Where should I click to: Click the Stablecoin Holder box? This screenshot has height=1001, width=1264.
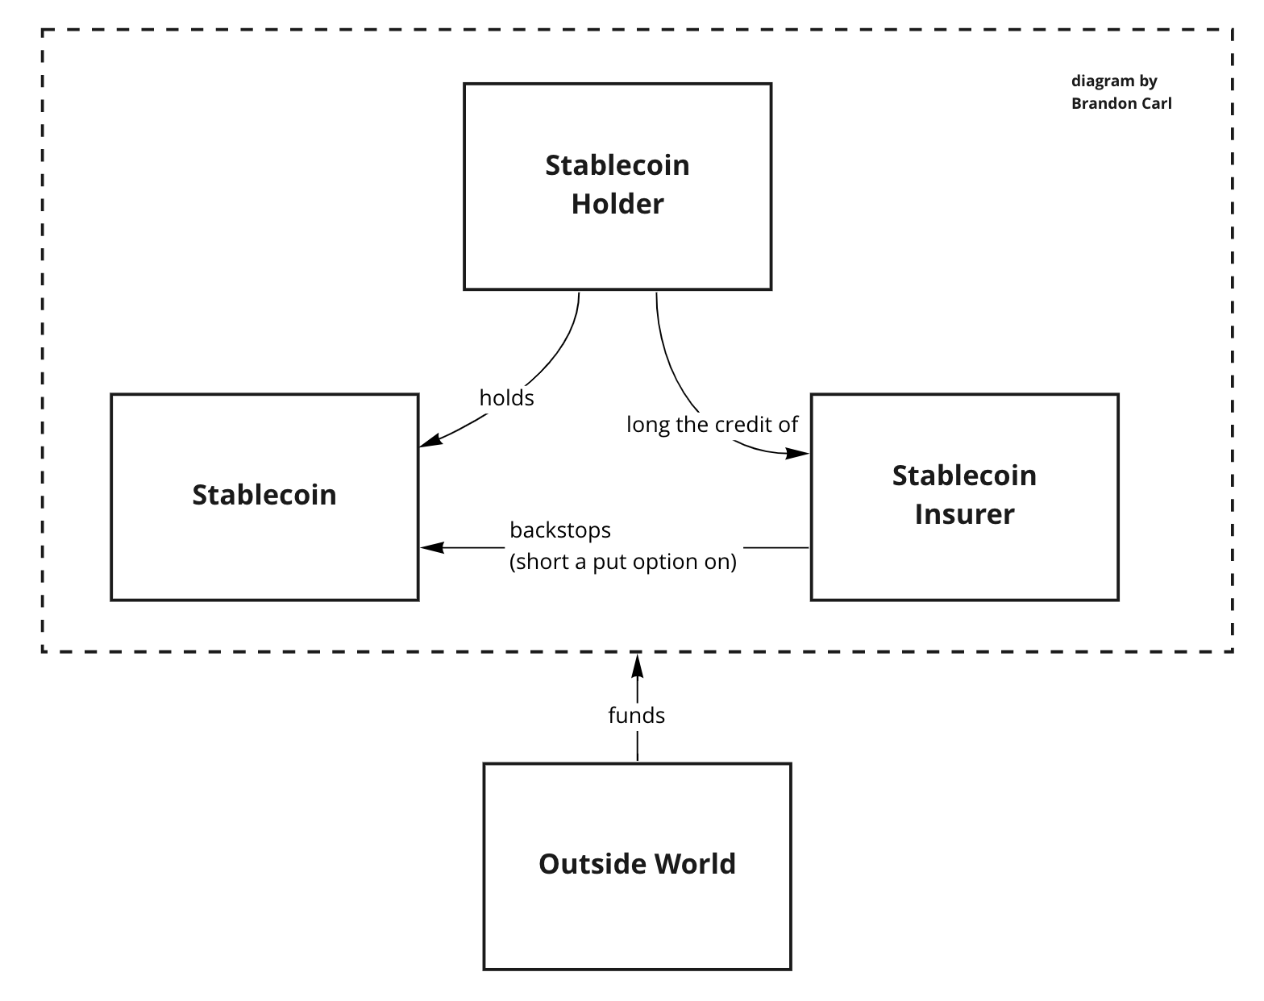617,242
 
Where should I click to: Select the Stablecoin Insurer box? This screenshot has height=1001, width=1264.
964,556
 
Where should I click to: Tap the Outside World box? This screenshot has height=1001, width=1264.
637,911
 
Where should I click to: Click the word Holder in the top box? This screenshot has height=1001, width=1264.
617,204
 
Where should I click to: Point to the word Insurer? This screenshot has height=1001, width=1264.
964,514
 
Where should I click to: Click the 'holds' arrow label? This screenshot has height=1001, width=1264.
506,398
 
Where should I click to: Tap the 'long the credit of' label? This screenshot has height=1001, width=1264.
712,425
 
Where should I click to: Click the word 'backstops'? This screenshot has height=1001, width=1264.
560,530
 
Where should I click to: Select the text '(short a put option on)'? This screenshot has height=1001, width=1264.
622,562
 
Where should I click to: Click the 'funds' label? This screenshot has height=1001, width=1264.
636,716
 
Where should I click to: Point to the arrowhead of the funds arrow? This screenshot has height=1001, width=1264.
638,666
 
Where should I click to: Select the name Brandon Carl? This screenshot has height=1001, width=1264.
1121,103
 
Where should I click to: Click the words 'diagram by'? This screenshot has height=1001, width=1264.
1114,81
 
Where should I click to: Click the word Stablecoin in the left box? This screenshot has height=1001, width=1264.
264,495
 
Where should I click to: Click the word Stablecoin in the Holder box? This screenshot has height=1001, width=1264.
617,165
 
